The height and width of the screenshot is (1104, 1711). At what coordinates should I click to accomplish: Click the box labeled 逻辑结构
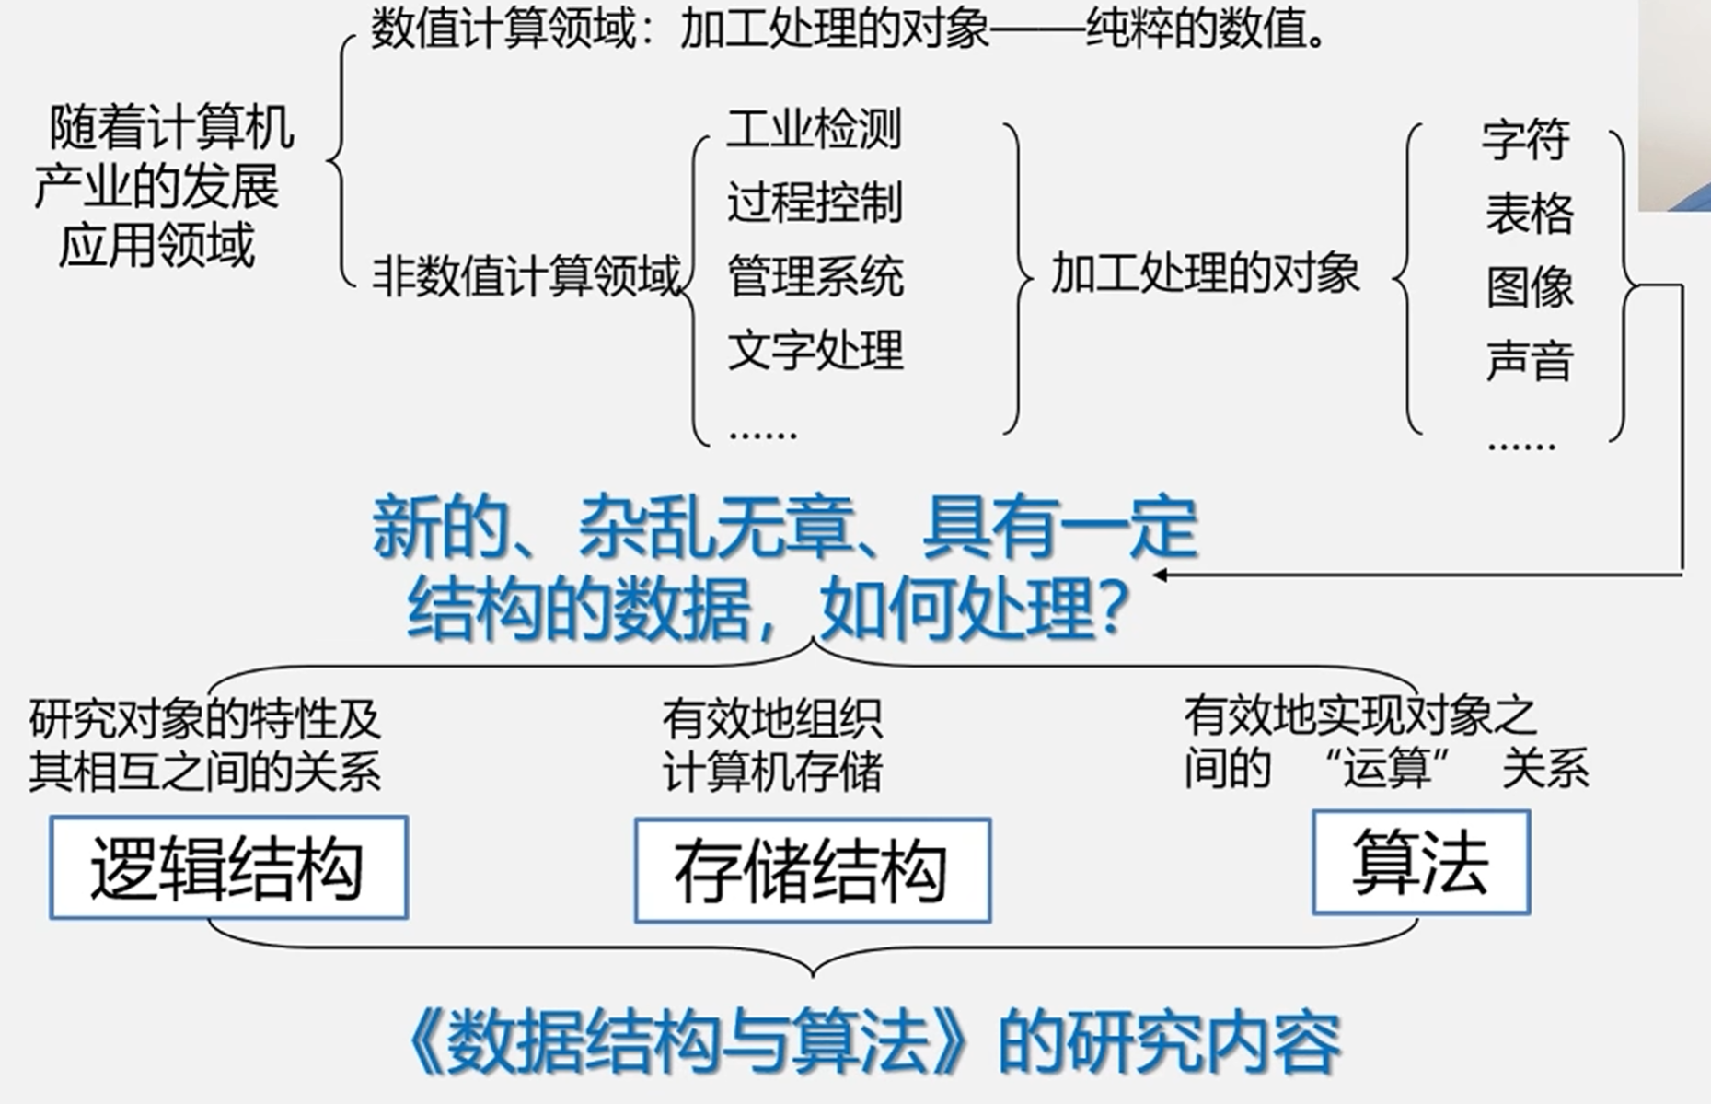click(x=228, y=867)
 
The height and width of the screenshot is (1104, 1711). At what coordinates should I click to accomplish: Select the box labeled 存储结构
click(x=812, y=870)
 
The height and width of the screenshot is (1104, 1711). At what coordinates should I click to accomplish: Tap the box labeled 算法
click(x=1420, y=862)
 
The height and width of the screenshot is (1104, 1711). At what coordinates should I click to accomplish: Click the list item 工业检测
click(x=815, y=129)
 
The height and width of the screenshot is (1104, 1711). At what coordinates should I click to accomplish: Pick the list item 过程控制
click(x=815, y=203)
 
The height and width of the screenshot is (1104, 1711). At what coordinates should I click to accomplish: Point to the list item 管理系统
click(x=815, y=276)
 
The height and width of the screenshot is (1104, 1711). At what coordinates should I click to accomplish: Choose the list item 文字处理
click(x=815, y=350)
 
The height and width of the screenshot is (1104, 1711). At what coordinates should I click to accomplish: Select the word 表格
click(x=1529, y=214)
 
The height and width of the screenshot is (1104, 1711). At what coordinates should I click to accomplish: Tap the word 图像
click(x=1529, y=286)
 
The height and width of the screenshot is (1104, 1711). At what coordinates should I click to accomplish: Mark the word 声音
click(x=1529, y=360)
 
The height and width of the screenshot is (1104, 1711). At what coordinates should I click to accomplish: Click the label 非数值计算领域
click(x=526, y=275)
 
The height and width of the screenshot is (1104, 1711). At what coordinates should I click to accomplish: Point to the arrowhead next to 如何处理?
click(x=1160, y=575)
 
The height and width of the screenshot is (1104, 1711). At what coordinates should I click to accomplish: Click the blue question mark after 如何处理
click(x=1115, y=609)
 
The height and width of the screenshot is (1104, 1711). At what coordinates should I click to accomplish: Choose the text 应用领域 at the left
click(x=156, y=245)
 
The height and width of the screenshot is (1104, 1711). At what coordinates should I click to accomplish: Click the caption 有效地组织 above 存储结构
click(x=771, y=719)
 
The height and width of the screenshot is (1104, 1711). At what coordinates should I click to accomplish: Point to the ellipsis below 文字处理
click(x=763, y=433)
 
